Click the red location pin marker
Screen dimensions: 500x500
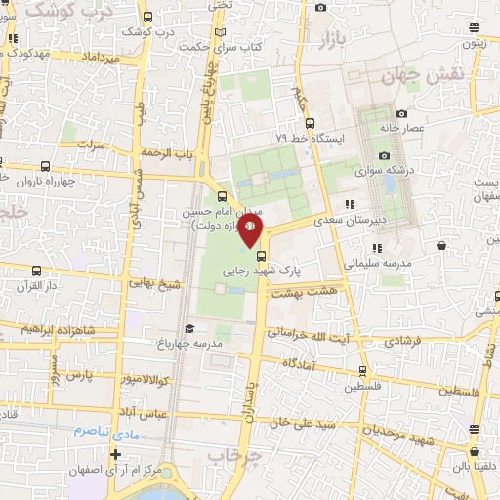pyautogui.click(x=251, y=229)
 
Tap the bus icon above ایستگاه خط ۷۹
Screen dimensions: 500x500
pyautogui.click(x=310, y=123)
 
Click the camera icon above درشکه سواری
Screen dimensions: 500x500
pyautogui.click(x=384, y=156)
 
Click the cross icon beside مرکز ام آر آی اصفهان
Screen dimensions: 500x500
pyautogui.click(x=116, y=455)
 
